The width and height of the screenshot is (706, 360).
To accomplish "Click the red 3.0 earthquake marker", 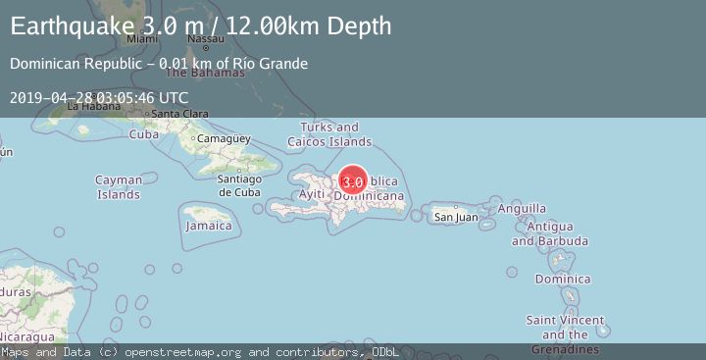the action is click(x=353, y=180).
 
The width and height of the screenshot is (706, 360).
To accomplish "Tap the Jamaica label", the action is click(x=210, y=226).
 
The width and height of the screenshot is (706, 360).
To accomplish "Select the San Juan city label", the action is click(x=456, y=217).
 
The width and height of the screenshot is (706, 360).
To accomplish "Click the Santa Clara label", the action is click(x=178, y=114).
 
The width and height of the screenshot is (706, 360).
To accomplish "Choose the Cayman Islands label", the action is click(x=119, y=186).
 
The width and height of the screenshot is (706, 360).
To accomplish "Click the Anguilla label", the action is click(x=522, y=208).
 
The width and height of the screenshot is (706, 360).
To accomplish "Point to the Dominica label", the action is click(x=563, y=280).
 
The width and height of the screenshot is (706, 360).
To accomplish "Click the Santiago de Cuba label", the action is click(x=238, y=184).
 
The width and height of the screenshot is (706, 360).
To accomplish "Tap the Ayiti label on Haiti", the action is click(x=311, y=194).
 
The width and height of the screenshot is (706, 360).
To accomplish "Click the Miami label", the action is click(x=142, y=39).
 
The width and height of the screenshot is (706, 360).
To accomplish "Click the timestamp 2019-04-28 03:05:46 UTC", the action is click(x=99, y=97).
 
